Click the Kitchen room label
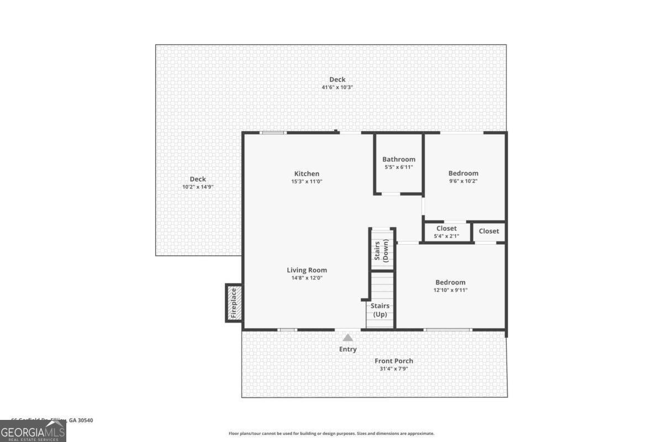point(307,173)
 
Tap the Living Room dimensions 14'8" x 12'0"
point(307,278)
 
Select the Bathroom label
point(398,159)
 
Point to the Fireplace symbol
point(234,302)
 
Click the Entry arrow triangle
point(348,338)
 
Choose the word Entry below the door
point(348,349)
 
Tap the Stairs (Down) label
point(381,251)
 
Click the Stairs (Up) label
point(380,310)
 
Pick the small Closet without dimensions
point(488,231)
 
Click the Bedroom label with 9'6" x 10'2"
point(463,173)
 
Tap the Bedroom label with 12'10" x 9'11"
point(450,282)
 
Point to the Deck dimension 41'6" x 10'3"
point(337,87)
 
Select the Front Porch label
point(394,361)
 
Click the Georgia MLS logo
point(33,431)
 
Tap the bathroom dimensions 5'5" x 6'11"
point(398,167)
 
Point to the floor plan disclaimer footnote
point(331,434)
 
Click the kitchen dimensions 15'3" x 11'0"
point(307,181)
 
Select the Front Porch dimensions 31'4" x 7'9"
point(394,369)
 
